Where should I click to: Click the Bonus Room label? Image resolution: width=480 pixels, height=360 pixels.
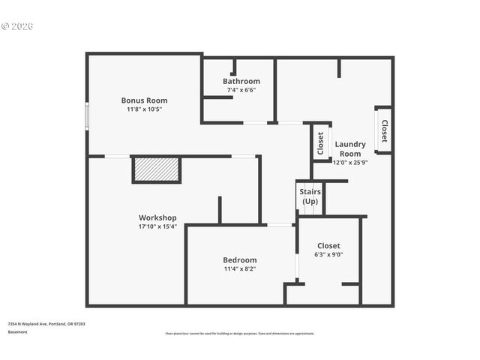(144, 100)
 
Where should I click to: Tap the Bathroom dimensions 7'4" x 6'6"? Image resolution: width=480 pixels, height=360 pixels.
(241, 90)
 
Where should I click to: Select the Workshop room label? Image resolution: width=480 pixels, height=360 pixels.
(157, 217)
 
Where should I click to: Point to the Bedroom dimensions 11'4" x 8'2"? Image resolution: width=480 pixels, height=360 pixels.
(239, 268)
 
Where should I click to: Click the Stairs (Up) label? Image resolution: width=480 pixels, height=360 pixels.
(310, 196)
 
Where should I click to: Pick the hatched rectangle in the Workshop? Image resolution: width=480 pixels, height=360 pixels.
(157, 169)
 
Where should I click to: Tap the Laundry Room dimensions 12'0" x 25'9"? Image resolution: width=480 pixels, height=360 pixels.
(350, 162)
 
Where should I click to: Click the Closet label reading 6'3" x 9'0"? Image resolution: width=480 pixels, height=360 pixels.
(328, 254)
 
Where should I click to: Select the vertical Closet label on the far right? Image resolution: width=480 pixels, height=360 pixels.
(385, 130)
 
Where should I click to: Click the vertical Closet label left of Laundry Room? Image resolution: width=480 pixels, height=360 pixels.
(320, 142)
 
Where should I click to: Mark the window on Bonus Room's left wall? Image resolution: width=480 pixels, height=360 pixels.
(87, 117)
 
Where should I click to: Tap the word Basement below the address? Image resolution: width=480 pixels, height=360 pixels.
(17, 331)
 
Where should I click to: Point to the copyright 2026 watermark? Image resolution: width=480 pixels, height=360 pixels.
(18, 26)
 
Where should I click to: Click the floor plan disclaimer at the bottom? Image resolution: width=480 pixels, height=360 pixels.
(239, 334)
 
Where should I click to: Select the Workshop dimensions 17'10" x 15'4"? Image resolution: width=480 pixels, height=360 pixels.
(157, 226)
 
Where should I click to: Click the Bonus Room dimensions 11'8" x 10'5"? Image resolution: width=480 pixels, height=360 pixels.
(144, 109)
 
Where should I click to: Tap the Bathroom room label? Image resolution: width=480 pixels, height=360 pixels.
(241, 81)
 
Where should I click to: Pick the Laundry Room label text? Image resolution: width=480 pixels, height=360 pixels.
(350, 148)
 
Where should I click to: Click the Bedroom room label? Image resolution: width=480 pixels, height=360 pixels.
(239, 259)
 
